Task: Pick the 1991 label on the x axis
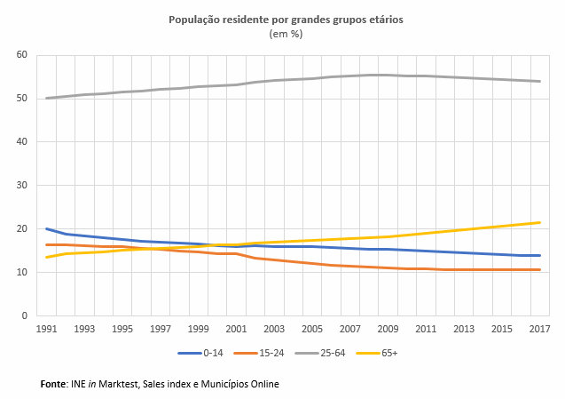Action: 46,330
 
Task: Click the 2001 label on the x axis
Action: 236,330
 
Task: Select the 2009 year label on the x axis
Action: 388,330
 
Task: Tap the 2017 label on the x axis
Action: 539,330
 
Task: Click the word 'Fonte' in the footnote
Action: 54,384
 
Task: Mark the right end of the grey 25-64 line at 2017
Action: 539,82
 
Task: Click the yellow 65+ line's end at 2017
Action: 539,223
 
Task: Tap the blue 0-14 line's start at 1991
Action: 46,229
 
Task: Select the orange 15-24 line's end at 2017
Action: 539,269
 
